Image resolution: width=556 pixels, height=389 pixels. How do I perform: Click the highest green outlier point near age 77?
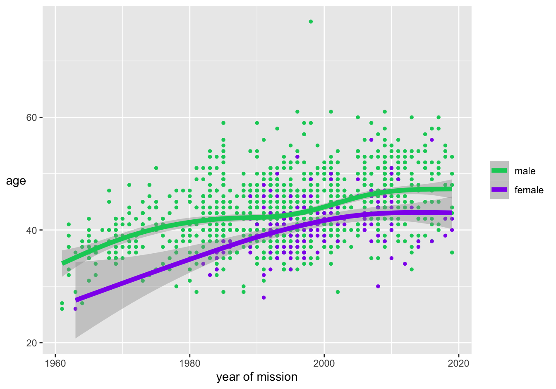coord(311,22)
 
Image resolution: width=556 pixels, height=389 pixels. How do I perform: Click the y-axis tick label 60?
coord(32,118)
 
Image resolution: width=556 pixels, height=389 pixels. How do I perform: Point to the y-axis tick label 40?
coord(32,230)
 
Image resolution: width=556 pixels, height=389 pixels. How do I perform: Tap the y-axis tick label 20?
coord(32,343)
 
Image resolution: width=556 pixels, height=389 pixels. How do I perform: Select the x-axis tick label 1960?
coord(55,364)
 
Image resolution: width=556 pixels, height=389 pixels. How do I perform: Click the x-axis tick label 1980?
coord(189,364)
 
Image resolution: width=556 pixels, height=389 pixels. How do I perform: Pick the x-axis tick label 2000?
coord(324,364)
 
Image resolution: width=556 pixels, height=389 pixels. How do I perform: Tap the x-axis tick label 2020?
coord(458,364)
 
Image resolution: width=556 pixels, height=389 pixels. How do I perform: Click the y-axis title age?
coord(16,181)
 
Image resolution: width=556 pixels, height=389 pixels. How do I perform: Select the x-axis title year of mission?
coord(256,377)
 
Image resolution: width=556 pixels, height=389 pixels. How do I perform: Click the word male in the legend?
coord(525,171)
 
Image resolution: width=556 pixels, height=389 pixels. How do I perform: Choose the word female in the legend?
coord(529,190)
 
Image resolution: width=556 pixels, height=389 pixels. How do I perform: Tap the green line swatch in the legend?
coord(499,170)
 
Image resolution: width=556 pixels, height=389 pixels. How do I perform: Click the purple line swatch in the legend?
coord(499,190)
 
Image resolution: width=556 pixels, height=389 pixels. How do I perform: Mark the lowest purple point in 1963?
coord(75,309)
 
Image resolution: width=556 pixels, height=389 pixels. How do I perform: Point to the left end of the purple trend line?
coord(76,300)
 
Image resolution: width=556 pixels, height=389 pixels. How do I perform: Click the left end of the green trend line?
coord(63,263)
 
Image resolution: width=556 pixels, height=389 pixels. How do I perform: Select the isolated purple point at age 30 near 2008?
coord(378,286)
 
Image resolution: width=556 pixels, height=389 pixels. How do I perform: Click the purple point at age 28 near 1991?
coord(264,298)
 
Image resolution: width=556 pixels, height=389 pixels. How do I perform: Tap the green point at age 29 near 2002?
coord(338,292)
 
